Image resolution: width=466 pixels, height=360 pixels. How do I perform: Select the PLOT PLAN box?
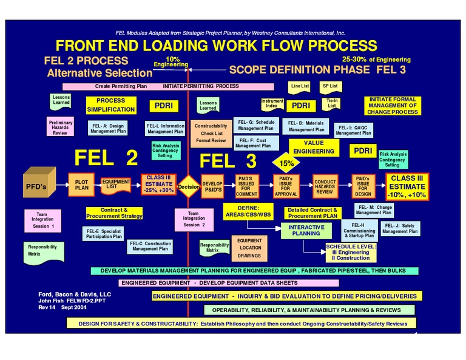81,185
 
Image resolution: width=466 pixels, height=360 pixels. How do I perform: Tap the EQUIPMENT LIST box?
115,185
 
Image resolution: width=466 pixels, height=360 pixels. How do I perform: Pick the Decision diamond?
189,187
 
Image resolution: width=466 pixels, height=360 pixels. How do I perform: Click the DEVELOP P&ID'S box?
212,186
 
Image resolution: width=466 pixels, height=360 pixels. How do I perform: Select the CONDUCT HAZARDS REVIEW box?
325,186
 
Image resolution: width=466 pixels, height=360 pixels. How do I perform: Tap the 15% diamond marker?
286,163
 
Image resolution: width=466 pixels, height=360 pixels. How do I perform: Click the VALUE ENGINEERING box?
314,147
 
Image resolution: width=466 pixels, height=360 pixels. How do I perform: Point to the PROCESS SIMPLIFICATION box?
110,105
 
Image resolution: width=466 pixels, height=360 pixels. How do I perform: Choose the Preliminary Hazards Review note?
60,127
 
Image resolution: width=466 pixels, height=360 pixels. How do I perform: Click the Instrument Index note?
272,104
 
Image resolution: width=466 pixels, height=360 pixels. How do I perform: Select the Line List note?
300,86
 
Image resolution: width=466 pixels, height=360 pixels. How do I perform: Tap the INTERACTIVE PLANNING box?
306,230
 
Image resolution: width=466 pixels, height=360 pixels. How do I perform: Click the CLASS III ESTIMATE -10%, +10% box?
407,186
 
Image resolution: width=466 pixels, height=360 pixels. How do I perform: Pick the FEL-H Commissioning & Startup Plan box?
359,230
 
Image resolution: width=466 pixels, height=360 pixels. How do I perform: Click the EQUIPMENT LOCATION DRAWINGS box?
249,248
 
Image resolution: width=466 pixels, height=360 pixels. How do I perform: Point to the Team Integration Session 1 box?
43,220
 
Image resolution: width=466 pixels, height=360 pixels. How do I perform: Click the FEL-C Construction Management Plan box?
149,246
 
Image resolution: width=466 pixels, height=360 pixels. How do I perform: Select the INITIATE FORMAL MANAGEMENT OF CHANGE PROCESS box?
391,106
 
